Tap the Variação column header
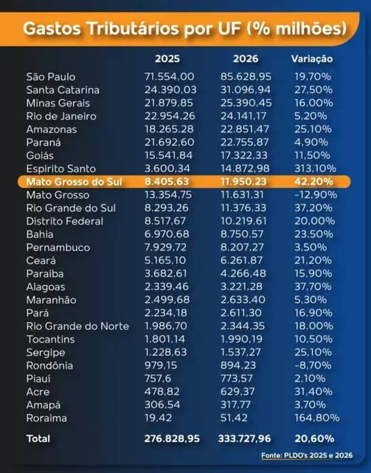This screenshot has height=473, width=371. tap(312, 59)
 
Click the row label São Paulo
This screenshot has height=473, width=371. tap(51, 77)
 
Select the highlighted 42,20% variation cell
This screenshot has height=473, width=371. tap(313, 182)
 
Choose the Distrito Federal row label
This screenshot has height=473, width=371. tap(65, 221)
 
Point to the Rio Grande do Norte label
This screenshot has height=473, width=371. tap(77, 326)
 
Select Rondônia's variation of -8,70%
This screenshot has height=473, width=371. tap(314, 366)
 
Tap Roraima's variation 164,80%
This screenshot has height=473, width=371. tap(316, 418)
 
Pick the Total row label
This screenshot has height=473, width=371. tap(38, 438)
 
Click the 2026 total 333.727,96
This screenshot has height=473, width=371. tap(245, 438)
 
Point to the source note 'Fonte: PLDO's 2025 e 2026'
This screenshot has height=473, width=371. tap(307, 455)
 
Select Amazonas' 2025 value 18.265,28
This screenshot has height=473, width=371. tap(168, 129)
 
